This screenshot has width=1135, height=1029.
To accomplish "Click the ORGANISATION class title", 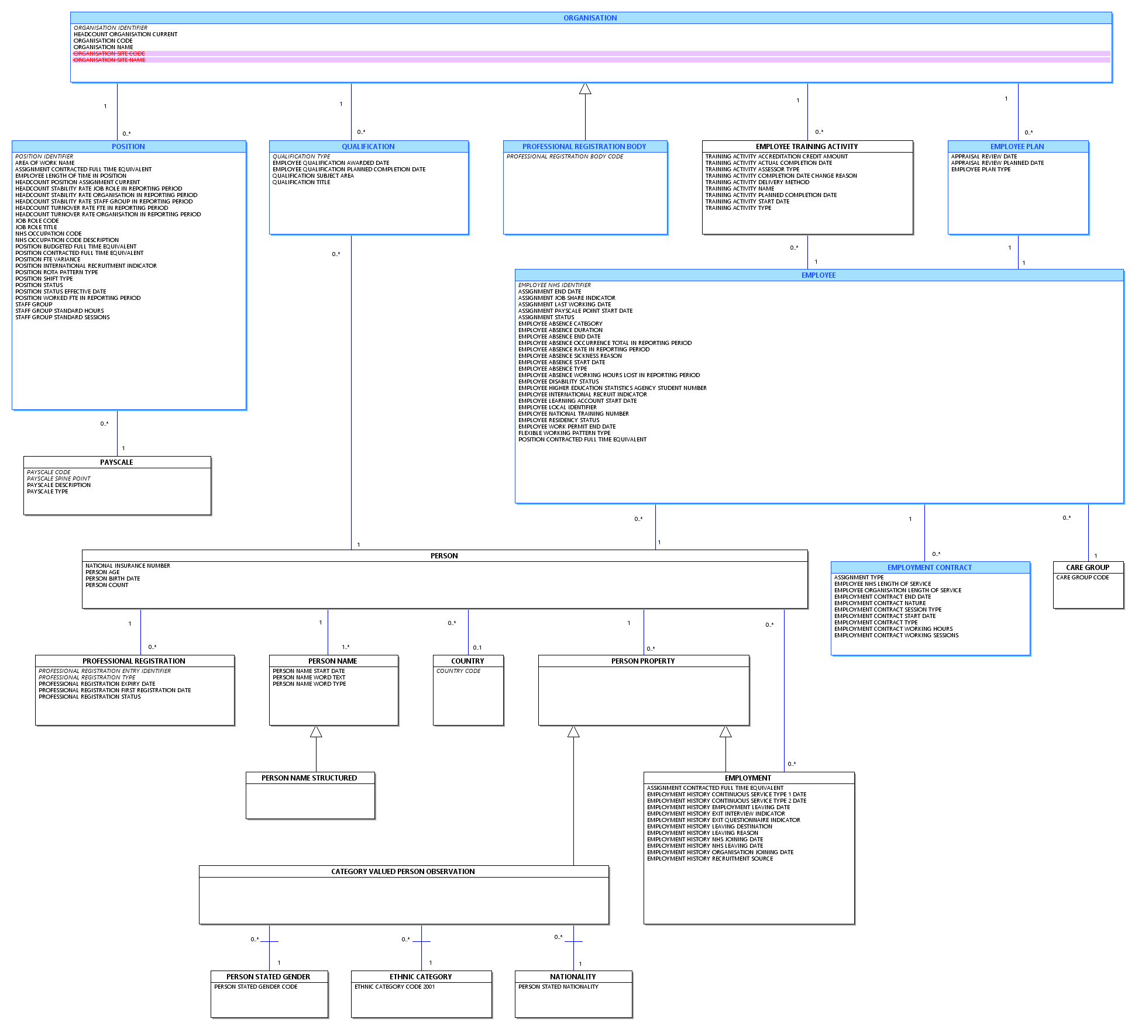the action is (x=590, y=18).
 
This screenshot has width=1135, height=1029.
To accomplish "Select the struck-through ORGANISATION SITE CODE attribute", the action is (x=109, y=54).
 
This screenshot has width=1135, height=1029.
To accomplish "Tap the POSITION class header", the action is (x=129, y=147).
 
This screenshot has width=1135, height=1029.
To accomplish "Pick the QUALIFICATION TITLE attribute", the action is (x=301, y=182).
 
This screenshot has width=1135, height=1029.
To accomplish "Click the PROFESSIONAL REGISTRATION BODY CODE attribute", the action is (x=565, y=157).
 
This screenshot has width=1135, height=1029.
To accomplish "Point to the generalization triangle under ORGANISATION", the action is (x=585, y=88).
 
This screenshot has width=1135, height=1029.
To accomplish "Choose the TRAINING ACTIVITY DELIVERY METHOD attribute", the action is (x=757, y=182).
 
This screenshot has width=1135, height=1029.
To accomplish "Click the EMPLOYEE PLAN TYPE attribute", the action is (x=981, y=170).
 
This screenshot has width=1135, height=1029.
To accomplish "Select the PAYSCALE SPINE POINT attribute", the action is (x=59, y=479).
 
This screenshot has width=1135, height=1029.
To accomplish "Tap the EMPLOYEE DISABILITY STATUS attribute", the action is (x=558, y=382).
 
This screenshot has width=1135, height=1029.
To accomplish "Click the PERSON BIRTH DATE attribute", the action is (x=112, y=579).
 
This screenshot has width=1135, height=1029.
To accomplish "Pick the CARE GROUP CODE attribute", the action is (x=1082, y=578).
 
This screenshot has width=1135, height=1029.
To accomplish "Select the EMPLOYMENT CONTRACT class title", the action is (x=930, y=568).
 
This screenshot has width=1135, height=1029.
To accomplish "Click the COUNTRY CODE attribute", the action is (x=458, y=671).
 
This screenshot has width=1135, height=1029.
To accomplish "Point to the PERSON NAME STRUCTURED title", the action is (x=309, y=778).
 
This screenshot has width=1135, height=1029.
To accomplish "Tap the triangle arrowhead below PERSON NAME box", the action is (x=316, y=731).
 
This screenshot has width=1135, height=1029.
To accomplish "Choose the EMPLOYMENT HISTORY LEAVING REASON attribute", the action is (x=702, y=833).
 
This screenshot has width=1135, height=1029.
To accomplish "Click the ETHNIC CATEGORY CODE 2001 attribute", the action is (x=394, y=987).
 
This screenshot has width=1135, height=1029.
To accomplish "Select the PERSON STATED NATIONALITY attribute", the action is (x=558, y=987).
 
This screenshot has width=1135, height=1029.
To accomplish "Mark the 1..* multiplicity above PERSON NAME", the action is (x=346, y=647).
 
